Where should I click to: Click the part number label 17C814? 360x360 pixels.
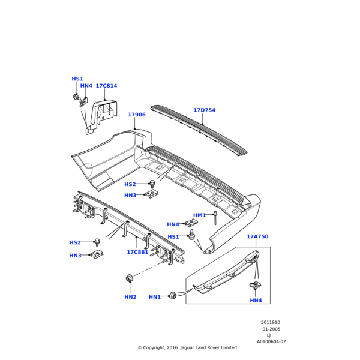pyautogui.click(x=106, y=86)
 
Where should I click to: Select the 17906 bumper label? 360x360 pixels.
pyautogui.click(x=136, y=115)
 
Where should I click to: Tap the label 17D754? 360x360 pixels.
pyautogui.click(x=204, y=110)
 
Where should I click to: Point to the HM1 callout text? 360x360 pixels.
pyautogui.click(x=199, y=215)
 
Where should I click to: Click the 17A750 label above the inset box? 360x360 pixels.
pyautogui.click(x=257, y=237)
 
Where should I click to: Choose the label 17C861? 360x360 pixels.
pyautogui.click(x=137, y=253)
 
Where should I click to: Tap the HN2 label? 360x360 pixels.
pyautogui.click(x=130, y=297)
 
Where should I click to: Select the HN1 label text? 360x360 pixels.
pyautogui.click(x=154, y=297)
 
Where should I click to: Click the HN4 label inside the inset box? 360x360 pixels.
pyautogui.click(x=256, y=301)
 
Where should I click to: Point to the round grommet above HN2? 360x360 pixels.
pyautogui.click(x=129, y=278)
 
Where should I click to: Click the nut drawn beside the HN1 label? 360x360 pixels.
pyautogui.click(x=173, y=294)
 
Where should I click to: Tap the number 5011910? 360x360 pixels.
pyautogui.click(x=270, y=322)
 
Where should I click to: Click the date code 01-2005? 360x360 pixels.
pyautogui.click(x=271, y=329)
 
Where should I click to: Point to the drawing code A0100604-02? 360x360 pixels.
pyautogui.click(x=271, y=341)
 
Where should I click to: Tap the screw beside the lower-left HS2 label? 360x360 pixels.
pyautogui.click(x=97, y=241)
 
